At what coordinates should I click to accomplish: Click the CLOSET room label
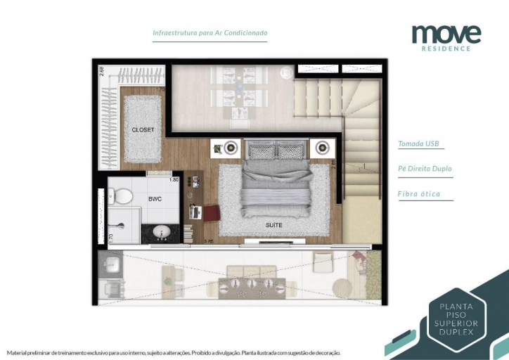coord(143,130)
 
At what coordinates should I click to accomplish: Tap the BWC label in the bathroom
coord(155,199)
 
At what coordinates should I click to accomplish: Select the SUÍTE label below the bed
coord(275,225)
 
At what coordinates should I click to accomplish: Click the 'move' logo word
coord(446,33)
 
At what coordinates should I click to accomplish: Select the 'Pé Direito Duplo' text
coord(425,169)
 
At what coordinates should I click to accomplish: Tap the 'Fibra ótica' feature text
coord(418,194)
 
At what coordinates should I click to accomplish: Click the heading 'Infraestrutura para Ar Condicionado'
coord(210,33)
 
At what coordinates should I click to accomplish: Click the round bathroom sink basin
coord(161,230)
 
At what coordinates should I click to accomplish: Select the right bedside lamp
coord(323,148)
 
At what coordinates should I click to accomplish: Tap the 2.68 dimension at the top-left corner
coord(101,71)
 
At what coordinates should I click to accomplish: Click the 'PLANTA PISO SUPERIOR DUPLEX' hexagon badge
coord(456,319)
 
